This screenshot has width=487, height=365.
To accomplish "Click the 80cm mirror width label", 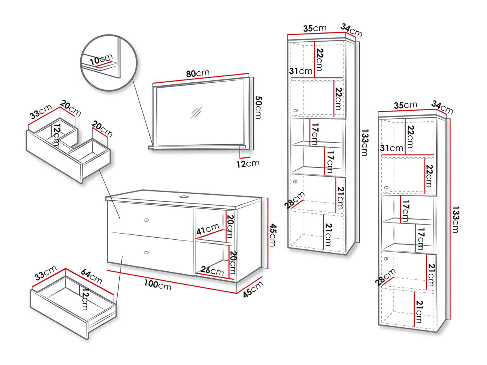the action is coord(198,73).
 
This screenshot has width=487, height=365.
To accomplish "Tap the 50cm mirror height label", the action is coord(259,107).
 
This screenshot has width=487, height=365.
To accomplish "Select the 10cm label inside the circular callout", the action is coord(101,60).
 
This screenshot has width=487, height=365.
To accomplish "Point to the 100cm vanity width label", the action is coord(158,285).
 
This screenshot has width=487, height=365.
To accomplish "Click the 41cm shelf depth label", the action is coord(208,229).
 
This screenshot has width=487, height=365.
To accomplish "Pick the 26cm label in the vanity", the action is coord(212,271).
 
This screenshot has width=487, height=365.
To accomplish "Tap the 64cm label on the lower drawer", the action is coord(91,276).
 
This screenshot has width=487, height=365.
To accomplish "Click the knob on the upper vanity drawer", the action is coord(146,220).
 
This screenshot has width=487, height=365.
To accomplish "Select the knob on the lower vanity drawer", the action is coord(146,252).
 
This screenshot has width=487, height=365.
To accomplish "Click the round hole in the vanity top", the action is coord(184,196).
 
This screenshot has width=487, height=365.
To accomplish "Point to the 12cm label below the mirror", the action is coord(248,164).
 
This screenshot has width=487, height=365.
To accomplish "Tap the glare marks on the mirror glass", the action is coord(196,112).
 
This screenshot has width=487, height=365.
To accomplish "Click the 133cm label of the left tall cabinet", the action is coord(365,143).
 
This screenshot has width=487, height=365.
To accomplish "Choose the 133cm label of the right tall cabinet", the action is coord(455,220).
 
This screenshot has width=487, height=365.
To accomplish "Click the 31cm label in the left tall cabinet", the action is coord(301,71).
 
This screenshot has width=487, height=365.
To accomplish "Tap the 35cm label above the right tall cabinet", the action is coord(405,105).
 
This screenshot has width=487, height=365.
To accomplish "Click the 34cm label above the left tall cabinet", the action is coord(351,30).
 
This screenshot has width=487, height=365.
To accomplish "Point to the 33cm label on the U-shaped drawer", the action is coord(41,112).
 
